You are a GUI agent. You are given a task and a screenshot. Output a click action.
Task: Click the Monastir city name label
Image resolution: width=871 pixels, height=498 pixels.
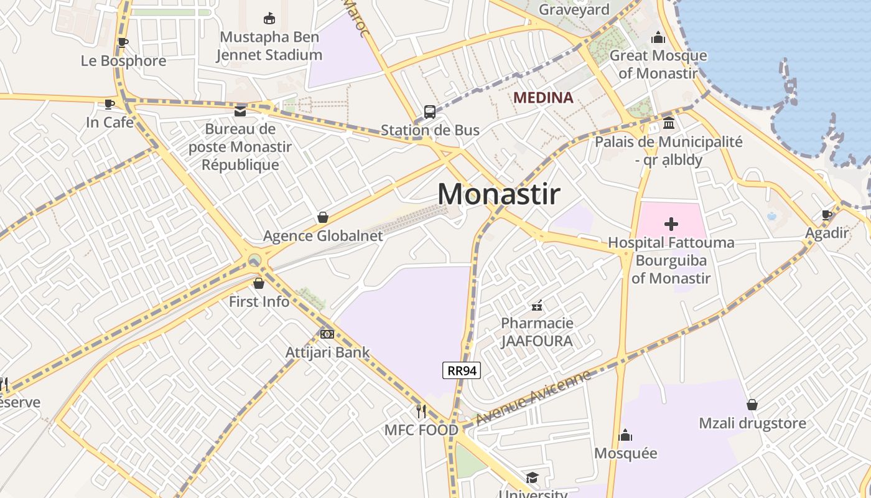[498, 194]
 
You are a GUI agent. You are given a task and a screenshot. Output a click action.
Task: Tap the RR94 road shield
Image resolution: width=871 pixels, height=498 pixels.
[462, 370]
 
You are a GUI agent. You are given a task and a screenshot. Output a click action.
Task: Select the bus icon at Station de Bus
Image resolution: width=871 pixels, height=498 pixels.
[430, 112]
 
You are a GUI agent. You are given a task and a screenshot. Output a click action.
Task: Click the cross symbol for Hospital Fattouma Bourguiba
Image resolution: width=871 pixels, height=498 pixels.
[671, 224]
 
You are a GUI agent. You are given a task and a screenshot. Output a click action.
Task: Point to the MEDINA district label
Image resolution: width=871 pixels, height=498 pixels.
[543, 98]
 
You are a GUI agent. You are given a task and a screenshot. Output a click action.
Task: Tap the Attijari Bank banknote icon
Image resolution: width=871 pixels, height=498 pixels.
[327, 334]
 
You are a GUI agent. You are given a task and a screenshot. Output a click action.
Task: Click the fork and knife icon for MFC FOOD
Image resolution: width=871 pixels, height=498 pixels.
[421, 411]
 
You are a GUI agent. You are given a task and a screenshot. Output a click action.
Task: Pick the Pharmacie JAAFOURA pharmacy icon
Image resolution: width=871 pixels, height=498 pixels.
[537, 306]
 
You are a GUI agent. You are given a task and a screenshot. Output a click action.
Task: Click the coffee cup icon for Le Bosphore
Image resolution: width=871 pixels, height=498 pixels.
[123, 43]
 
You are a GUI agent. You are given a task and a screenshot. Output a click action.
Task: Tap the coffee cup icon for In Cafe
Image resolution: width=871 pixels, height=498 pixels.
[109, 104]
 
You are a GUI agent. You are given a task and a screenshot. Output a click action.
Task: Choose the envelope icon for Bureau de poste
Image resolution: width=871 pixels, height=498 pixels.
[240, 111]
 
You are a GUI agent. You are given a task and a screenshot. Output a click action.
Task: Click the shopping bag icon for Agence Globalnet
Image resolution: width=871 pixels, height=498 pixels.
[322, 217]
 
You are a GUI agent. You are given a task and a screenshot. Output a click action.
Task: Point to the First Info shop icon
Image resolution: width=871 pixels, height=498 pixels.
[259, 283]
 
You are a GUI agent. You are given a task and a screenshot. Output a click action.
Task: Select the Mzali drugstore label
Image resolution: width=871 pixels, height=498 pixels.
[752, 423]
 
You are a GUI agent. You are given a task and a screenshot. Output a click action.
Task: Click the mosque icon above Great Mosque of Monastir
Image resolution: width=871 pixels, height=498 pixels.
[658, 38]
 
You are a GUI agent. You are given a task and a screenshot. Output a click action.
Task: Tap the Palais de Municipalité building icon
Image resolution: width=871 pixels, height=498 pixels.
[669, 123]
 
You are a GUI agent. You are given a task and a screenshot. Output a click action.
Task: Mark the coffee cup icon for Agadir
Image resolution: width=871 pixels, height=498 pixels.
[827, 215]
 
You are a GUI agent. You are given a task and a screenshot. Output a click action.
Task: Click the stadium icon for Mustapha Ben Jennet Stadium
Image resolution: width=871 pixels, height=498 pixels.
[269, 19]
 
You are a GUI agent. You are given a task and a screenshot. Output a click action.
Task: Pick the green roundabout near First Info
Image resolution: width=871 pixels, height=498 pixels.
[254, 260]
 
